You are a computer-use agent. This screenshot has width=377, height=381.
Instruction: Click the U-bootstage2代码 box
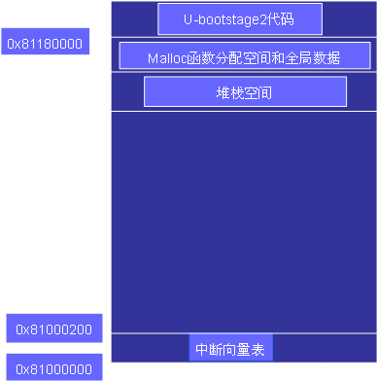[239, 19]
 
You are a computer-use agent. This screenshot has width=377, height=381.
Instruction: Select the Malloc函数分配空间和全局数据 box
[244, 56]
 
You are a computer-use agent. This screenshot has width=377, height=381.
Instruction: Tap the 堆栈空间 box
[245, 92]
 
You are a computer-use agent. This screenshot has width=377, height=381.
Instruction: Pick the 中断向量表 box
[230, 349]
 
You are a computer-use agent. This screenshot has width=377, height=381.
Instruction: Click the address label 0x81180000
[45, 43]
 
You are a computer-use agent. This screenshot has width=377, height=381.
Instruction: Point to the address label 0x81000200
[54, 329]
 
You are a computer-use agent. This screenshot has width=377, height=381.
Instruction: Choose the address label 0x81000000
[54, 368]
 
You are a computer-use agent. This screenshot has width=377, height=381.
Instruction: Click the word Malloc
[167, 57]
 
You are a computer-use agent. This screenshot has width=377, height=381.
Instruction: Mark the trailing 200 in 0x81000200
[80, 329]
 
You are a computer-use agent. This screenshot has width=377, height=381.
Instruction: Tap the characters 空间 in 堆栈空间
[258, 93]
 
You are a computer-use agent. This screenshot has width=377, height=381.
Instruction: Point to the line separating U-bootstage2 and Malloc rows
[244, 37]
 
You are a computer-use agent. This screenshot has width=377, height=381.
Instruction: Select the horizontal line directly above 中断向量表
[244, 333]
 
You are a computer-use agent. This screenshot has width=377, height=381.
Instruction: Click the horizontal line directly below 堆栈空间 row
[244, 112]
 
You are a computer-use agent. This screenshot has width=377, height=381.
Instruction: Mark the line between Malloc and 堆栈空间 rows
[244, 72]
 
